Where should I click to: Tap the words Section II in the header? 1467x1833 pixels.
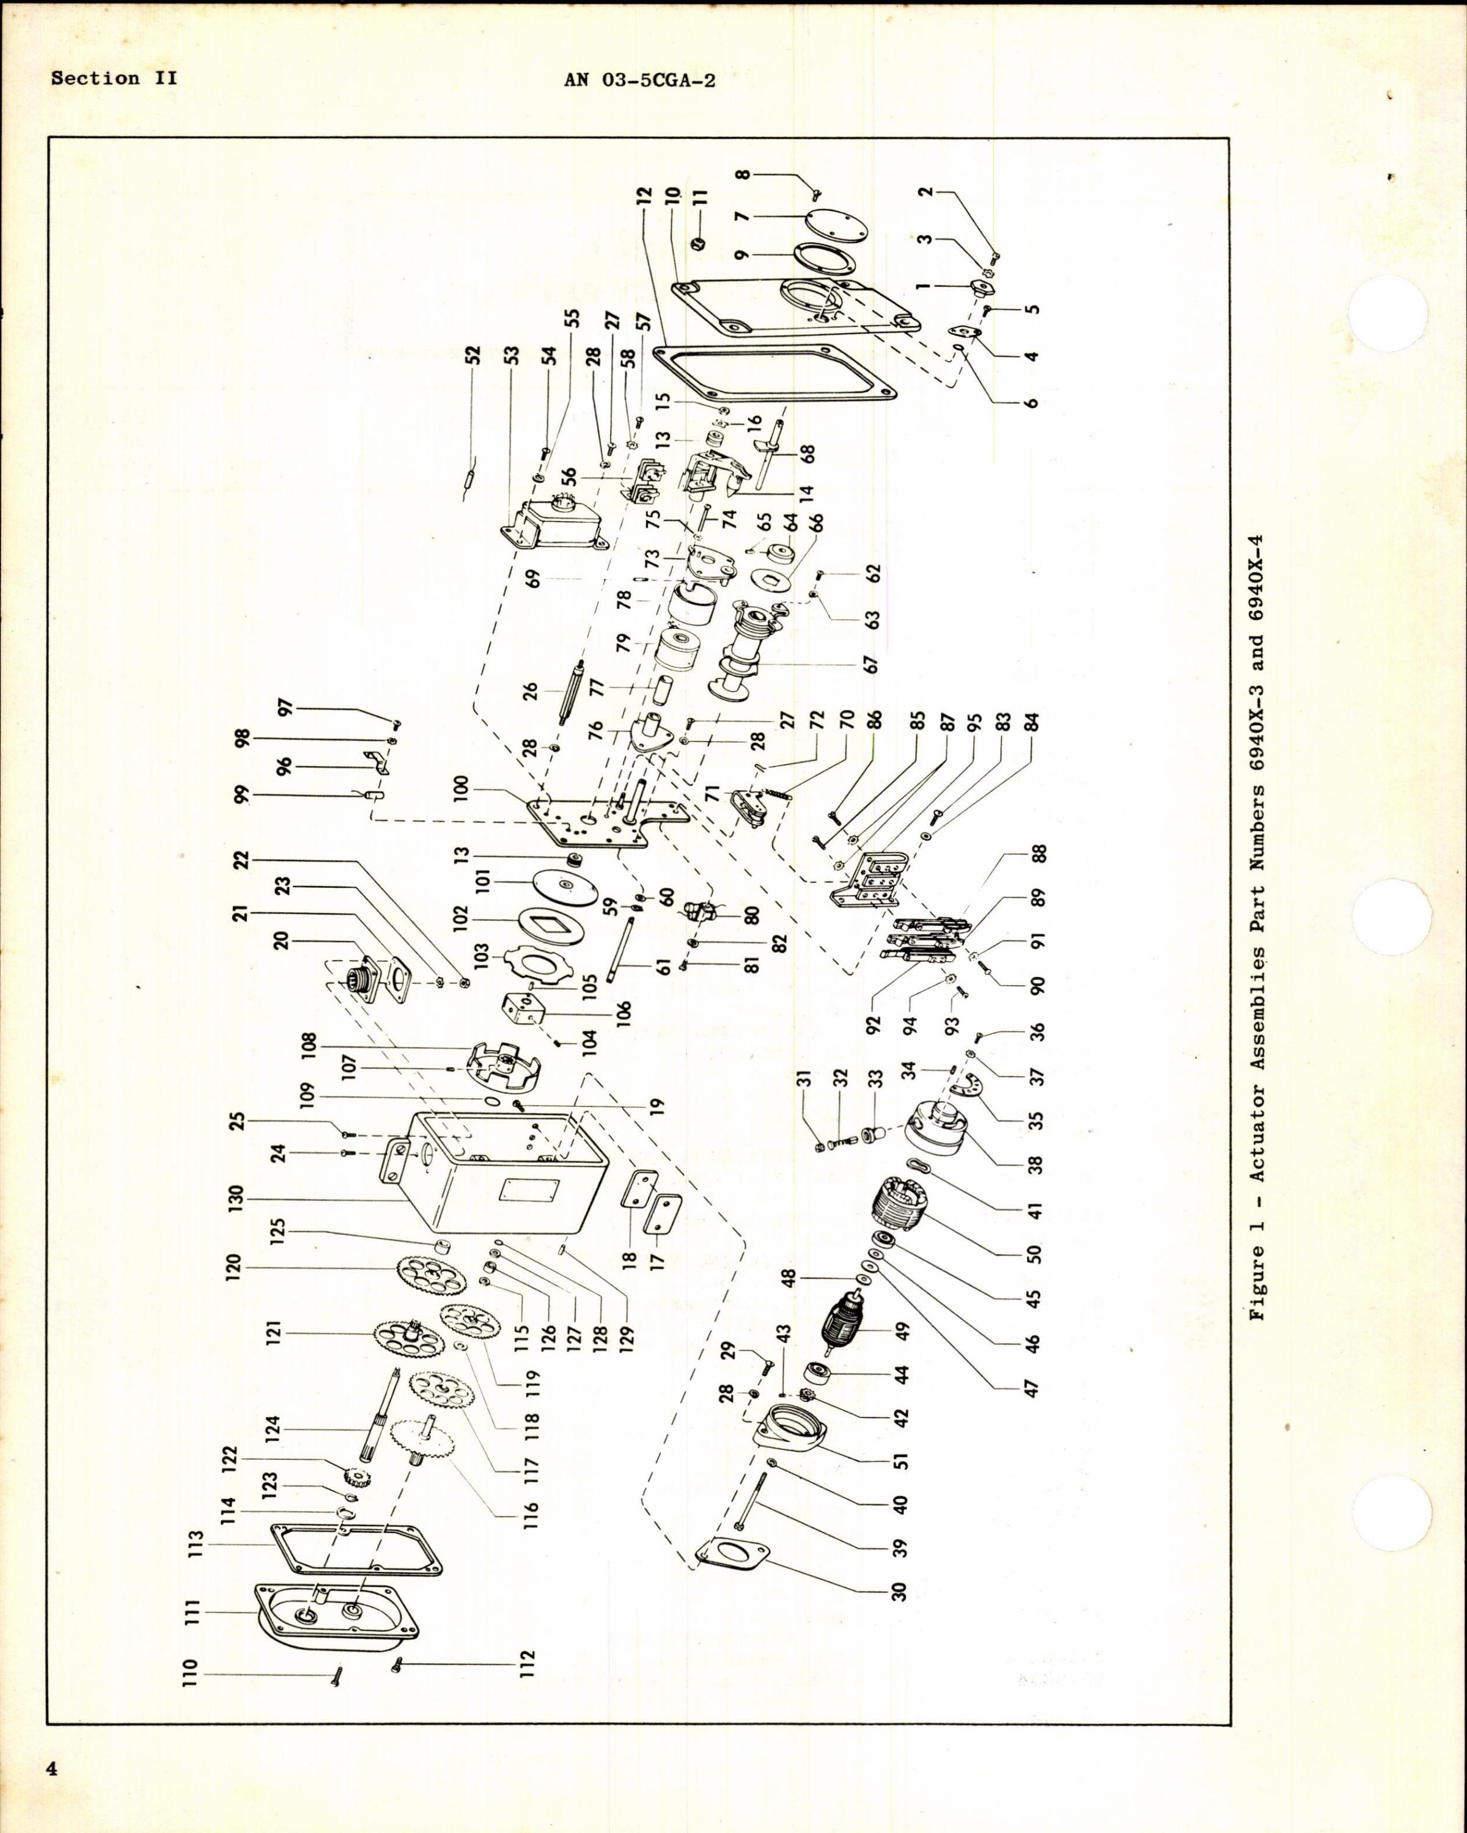click(113, 78)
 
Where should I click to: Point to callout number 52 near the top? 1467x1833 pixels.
click(473, 354)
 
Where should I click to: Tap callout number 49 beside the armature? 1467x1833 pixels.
click(902, 1329)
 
